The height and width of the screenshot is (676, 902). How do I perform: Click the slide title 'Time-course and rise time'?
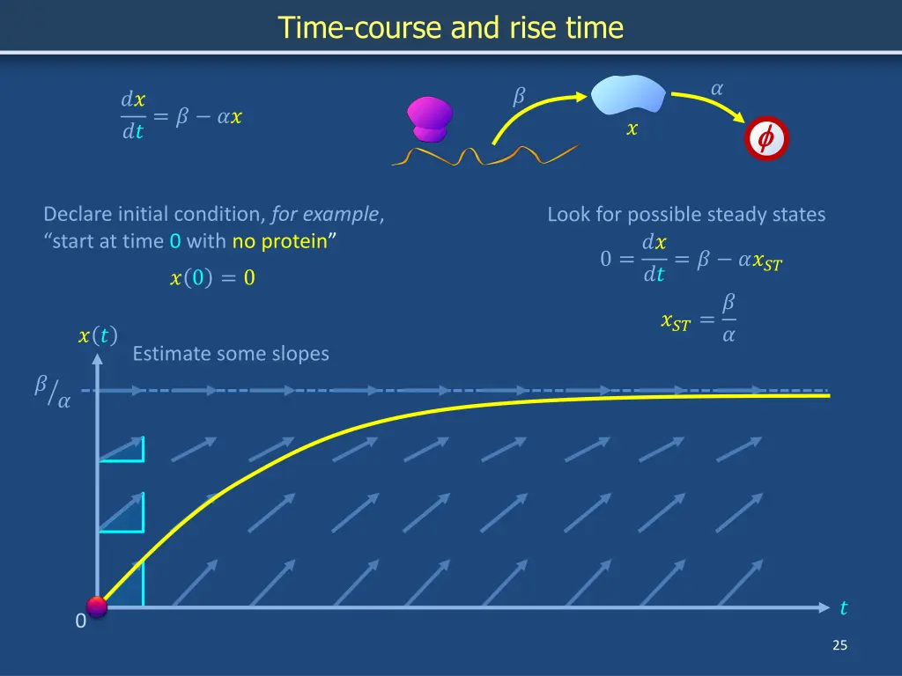point(451,28)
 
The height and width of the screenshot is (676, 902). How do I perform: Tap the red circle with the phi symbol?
point(765,139)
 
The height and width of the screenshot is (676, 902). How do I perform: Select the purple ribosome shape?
point(429,119)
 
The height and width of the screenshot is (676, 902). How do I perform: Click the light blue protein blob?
point(628,95)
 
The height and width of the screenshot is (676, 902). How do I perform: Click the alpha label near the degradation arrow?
point(716,87)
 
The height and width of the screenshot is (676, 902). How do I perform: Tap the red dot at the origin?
point(97,606)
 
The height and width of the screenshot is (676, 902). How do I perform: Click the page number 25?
point(839,645)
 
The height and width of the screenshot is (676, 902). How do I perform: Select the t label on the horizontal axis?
point(843,608)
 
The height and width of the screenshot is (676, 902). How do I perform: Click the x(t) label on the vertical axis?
point(98,335)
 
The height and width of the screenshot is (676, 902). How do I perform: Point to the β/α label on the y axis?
point(53,392)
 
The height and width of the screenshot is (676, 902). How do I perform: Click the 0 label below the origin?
point(80,621)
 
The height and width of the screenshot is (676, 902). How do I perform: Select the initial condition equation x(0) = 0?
point(212,279)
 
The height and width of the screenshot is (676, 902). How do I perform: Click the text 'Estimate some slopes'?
point(231,354)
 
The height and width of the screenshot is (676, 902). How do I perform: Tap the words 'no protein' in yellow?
point(279,241)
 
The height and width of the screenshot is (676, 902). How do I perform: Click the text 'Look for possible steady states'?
point(686,214)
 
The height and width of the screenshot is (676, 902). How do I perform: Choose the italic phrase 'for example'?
point(326,214)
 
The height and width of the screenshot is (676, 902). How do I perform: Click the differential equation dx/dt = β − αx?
point(181,116)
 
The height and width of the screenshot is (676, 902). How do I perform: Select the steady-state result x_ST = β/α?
point(699,320)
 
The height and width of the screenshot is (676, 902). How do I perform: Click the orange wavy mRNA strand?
point(484,157)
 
